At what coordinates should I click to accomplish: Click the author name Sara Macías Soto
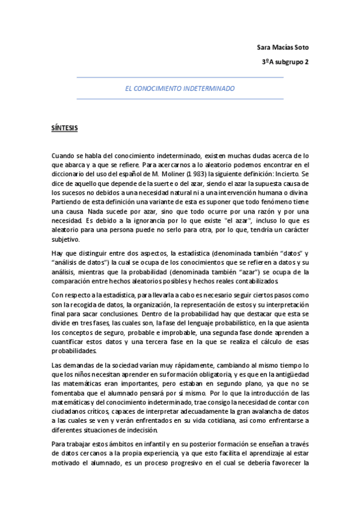pos(284,47)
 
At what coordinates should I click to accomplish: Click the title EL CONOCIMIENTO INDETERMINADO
pos(180,88)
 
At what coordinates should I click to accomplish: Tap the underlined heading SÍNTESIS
pos(64,128)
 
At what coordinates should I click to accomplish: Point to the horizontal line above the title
pos(180,78)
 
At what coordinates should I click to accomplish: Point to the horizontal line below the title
pos(180,99)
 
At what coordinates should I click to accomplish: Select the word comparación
pos(75,281)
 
